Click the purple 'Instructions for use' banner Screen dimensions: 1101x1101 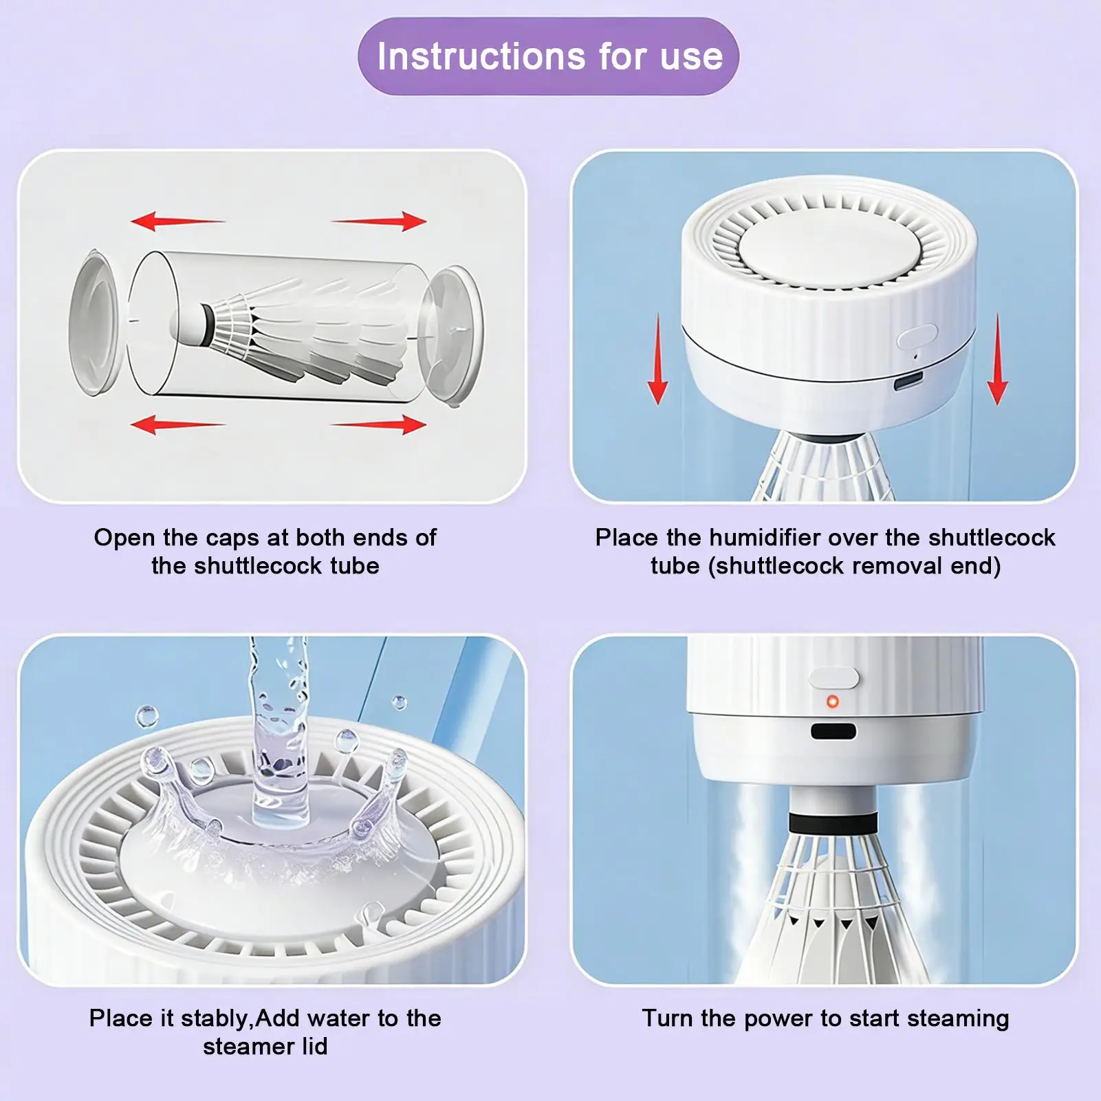click(548, 56)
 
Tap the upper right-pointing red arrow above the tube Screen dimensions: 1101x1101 click(380, 221)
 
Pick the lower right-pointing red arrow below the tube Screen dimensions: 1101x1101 click(380, 424)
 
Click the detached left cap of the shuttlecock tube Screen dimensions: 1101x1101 click(94, 323)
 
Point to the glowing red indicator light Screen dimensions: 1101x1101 click(833, 701)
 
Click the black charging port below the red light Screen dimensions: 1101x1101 click(833, 730)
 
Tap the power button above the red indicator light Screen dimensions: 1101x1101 click(834, 677)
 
